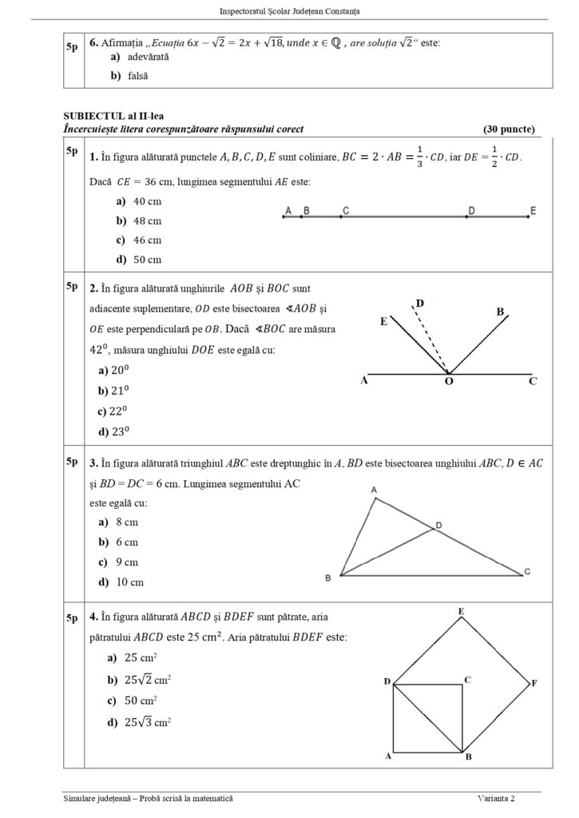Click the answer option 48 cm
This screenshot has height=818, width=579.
(x=147, y=220)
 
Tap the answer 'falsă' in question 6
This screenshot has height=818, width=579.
(x=138, y=76)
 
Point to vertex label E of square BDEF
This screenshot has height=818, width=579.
(x=462, y=611)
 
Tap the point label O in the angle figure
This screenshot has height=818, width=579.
(x=448, y=383)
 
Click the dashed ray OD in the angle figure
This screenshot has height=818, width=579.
(x=432, y=340)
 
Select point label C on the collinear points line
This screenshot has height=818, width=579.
(x=344, y=210)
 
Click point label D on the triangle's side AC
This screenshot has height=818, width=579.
(x=438, y=525)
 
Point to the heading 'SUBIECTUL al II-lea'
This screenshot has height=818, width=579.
(x=113, y=117)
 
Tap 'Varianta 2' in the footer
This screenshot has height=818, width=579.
(x=496, y=799)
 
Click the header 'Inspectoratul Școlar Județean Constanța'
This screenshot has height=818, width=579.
(x=288, y=11)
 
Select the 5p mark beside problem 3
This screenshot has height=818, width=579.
(x=73, y=461)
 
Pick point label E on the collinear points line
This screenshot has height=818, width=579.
(x=533, y=210)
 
